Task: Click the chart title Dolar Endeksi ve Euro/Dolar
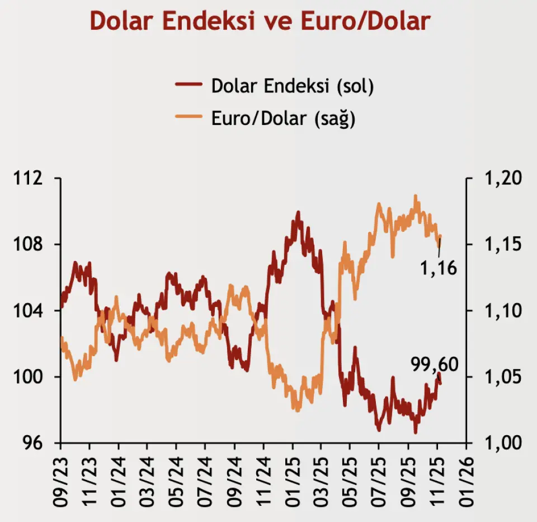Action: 261,21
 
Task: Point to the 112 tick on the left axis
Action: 29,179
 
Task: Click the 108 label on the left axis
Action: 29,245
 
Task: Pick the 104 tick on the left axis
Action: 29,311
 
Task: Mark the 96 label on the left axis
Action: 32,443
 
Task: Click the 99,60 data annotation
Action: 434,365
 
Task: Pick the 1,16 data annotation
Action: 439,269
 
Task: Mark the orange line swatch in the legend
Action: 189,118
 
